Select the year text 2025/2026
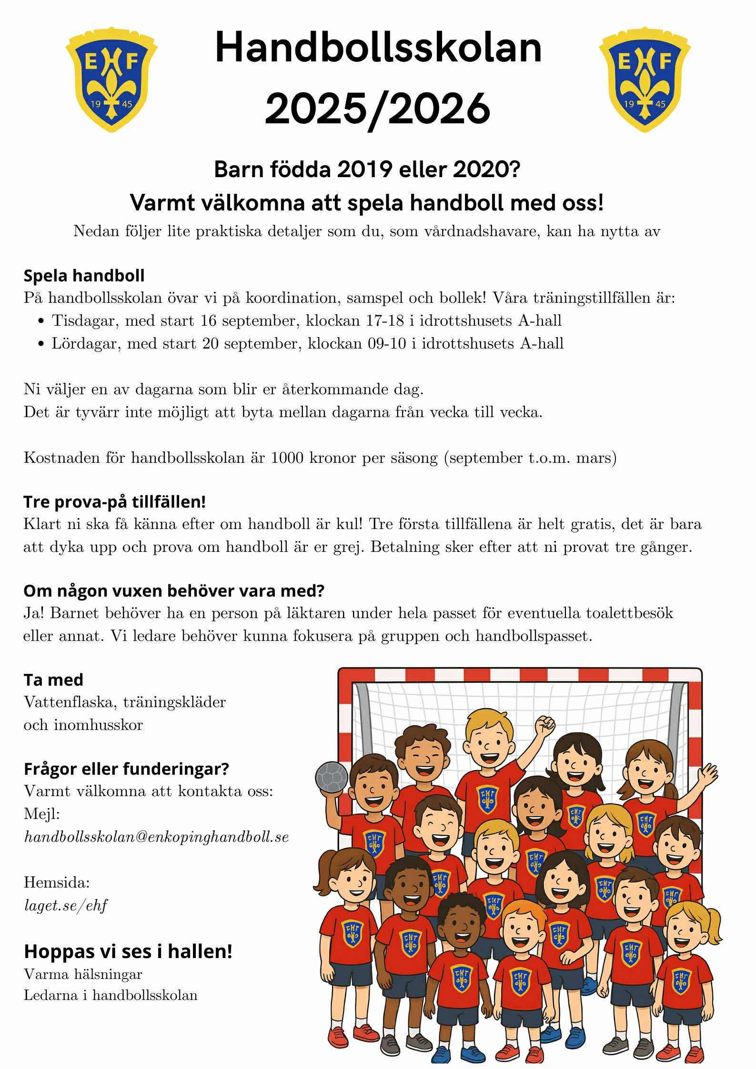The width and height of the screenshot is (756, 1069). tap(377, 108)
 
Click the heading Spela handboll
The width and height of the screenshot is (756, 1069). tap(84, 275)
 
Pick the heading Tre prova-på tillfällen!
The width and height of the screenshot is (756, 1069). tap(114, 501)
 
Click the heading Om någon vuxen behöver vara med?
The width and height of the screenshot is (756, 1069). tap(173, 591)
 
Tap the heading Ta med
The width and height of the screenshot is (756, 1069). tap(53, 680)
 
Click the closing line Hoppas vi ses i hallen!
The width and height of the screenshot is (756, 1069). tap(128, 951)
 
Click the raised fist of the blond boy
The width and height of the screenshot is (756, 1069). tap(544, 728)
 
